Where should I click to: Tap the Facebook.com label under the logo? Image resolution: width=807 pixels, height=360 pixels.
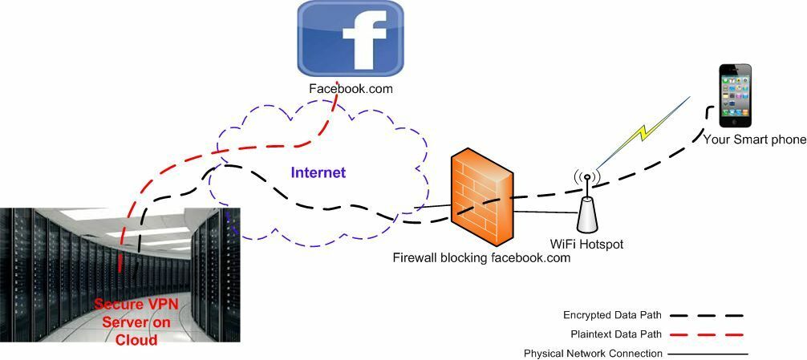pyautogui.click(x=351, y=89)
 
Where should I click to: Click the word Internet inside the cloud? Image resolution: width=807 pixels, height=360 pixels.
pyautogui.click(x=318, y=172)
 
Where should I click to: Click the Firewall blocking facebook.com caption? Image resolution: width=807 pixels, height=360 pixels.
pyautogui.click(x=481, y=257)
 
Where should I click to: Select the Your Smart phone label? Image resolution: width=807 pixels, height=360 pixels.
pyautogui.click(x=755, y=140)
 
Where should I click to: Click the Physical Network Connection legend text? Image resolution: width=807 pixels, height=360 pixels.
pyautogui.click(x=593, y=354)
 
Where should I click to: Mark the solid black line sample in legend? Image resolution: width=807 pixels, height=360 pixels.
pyautogui.click(x=706, y=354)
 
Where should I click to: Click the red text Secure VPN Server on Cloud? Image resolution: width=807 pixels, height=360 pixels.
pyautogui.click(x=136, y=322)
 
